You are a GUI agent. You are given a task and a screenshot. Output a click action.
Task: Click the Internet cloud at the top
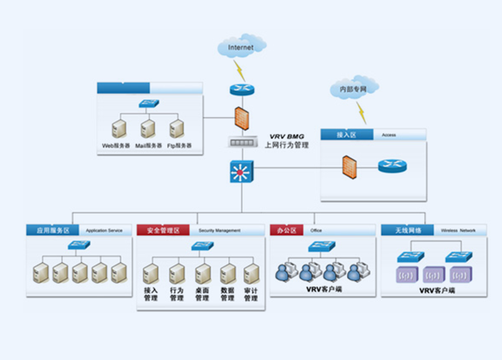(x=241, y=48)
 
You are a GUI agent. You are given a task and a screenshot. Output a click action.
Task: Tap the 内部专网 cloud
(x=354, y=87)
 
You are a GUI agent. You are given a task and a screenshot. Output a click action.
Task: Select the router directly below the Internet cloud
(x=241, y=90)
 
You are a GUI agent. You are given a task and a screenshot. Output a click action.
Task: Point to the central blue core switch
(x=241, y=173)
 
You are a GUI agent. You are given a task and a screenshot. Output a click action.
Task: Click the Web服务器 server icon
(x=119, y=129)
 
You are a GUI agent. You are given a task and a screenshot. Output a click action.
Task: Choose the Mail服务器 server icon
(x=147, y=129)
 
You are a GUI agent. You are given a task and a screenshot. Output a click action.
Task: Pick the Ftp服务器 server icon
(x=177, y=129)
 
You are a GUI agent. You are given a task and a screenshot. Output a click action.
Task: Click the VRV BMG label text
(x=286, y=136)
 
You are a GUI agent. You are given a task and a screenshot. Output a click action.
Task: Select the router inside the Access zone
(x=391, y=165)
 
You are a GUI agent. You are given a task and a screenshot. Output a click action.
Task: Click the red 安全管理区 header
(x=164, y=229)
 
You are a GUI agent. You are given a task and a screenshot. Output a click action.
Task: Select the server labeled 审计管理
(x=251, y=274)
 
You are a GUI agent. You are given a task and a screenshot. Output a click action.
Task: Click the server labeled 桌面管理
(x=202, y=274)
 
